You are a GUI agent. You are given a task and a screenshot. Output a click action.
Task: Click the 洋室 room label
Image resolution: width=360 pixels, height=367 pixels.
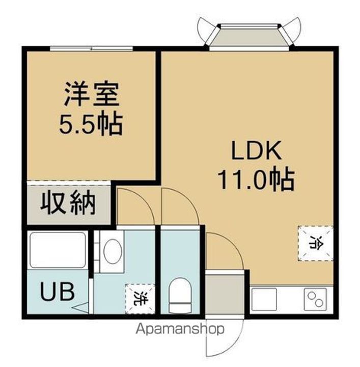click(x=91, y=95)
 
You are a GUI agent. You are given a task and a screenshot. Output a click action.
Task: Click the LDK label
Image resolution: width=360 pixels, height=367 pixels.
click(x=256, y=151)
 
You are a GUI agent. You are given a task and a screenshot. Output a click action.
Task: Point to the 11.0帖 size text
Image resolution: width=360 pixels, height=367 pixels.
click(x=256, y=179)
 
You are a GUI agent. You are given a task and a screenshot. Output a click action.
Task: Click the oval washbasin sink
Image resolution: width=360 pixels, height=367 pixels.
click(x=112, y=252)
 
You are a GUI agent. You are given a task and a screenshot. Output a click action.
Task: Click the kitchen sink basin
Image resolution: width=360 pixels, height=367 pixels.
click(x=264, y=299)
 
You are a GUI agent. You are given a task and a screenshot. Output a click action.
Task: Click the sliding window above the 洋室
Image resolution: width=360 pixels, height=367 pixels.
click(x=92, y=49)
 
